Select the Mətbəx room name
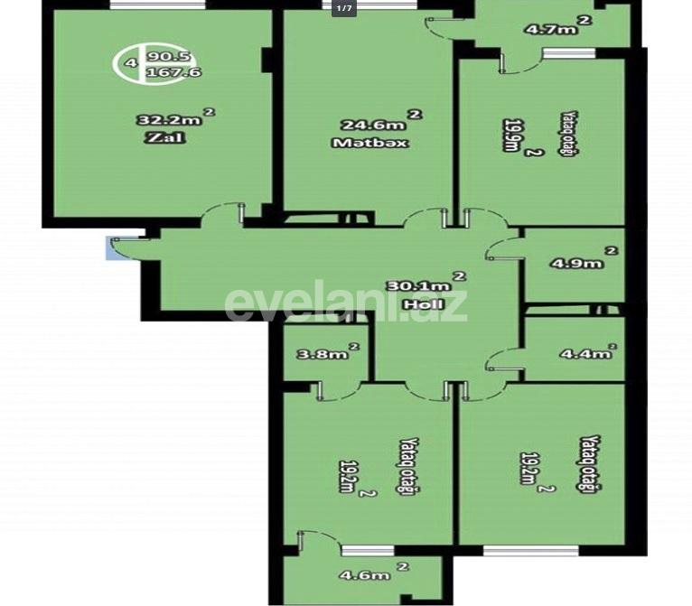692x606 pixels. pos(370,143)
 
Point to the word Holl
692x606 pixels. pos(423,304)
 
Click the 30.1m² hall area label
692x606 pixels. pos(426,284)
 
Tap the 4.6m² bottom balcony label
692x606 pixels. pos(371,574)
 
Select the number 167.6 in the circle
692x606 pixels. pos(161,73)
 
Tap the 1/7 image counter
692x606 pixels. pos(344,8)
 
